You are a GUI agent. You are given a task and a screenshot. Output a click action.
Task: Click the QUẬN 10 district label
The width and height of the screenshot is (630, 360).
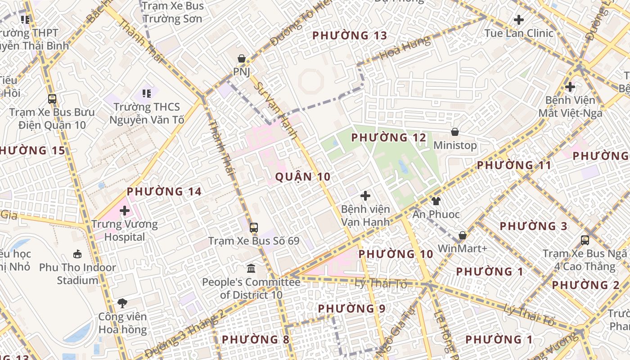tap(303, 177)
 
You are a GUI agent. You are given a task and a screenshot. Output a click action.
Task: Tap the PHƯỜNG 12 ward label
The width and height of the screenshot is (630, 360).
tap(388, 138)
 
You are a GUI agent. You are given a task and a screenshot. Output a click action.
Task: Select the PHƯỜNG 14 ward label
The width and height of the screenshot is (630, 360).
tap(164, 192)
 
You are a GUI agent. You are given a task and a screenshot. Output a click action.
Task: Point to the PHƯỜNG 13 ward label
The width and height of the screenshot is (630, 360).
tap(350, 36)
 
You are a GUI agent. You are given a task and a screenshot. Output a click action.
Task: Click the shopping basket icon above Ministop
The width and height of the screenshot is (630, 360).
tap(455, 132)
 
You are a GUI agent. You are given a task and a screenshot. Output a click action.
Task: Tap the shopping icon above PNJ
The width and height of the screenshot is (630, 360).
tap(242, 58)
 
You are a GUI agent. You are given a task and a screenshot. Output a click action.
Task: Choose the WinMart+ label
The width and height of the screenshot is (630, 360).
tap(463, 248)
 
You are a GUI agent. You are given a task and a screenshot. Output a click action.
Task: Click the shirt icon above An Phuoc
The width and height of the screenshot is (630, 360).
tap(436, 201)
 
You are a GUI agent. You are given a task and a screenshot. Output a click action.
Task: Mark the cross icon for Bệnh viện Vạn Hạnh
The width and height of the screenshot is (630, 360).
tap(365, 196)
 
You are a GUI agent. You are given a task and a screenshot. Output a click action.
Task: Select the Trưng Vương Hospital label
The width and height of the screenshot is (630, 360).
tap(125, 230)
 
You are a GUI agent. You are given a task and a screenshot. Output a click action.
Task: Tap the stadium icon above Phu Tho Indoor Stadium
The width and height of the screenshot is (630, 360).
tap(77, 254)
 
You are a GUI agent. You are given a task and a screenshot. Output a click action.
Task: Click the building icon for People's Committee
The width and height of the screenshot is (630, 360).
tap(251, 269)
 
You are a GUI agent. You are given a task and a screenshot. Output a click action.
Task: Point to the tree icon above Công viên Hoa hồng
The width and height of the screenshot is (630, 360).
tap(122, 303)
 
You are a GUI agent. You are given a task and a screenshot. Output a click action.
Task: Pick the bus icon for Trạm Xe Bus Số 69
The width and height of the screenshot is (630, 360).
tap(254, 228)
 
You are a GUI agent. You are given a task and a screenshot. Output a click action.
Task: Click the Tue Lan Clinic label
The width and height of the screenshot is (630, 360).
tap(519, 33)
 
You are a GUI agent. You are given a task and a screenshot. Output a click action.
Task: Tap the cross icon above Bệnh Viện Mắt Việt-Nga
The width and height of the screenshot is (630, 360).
tap(570, 86)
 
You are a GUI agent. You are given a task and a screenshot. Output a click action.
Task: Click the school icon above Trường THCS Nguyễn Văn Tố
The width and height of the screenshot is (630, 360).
tap(146, 94)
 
